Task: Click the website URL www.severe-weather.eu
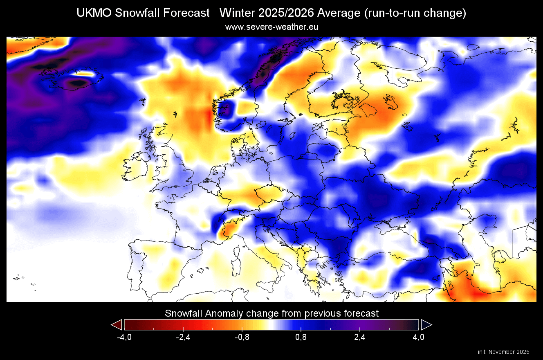[x=271, y=27]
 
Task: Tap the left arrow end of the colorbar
[x=117, y=325]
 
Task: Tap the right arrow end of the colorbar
[x=426, y=325]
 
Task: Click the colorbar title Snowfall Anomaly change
[x=271, y=313]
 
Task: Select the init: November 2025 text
[x=503, y=352]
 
